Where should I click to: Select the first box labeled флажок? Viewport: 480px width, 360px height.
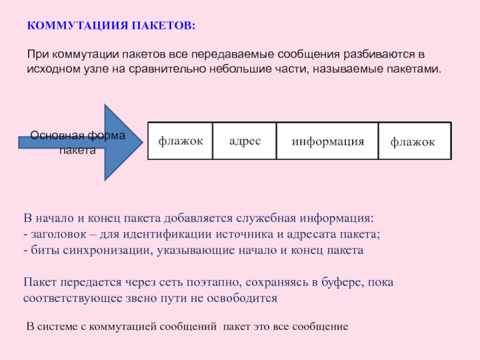click(180, 141)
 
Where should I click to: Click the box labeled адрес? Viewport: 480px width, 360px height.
click(244, 141)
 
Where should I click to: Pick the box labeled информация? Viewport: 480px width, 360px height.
click(328, 142)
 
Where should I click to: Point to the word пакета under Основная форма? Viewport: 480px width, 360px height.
click(77, 151)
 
